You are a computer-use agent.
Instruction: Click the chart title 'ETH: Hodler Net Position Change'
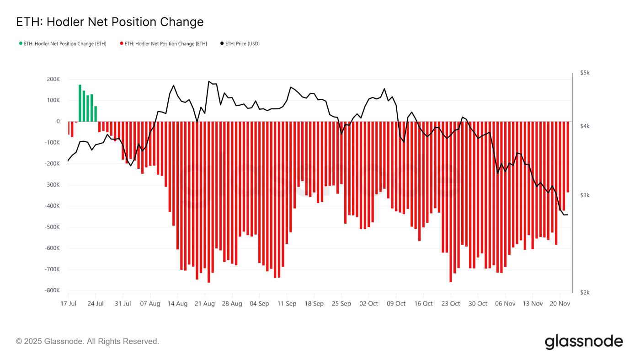110,22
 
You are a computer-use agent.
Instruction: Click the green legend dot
21,43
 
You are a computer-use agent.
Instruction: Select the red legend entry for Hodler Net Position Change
163,43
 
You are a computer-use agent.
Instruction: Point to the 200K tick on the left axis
52,79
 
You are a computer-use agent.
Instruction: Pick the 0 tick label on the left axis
58,122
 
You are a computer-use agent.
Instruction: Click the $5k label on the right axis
585,73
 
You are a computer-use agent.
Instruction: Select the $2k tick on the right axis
585,292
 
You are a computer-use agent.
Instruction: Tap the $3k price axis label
585,195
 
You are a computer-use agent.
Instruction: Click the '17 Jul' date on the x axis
68,304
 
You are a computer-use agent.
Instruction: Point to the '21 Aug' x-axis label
205,304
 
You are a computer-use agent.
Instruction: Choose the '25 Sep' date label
341,304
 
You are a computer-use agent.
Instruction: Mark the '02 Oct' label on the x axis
369,304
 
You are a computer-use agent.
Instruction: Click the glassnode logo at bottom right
584,342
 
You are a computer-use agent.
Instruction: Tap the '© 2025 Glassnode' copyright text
87,341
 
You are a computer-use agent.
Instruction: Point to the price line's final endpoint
567,215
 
